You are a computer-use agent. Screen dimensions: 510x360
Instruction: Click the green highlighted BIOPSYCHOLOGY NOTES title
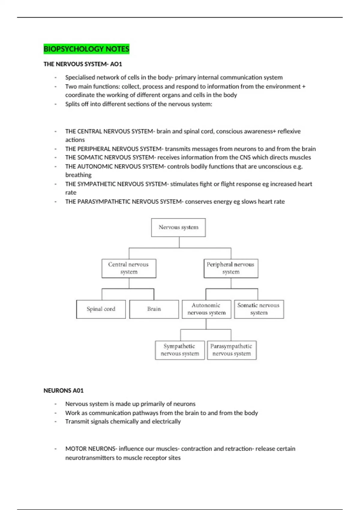click(86, 49)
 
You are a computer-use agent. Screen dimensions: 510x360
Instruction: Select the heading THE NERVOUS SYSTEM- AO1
click(83, 64)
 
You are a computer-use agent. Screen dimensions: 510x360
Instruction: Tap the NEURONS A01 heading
click(64, 391)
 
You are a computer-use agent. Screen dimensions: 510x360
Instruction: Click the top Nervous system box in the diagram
click(178, 227)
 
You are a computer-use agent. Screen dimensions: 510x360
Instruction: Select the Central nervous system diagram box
click(129, 268)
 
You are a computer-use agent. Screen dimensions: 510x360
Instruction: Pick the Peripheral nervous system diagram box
click(231, 268)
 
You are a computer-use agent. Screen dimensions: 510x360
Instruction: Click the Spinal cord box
click(101, 309)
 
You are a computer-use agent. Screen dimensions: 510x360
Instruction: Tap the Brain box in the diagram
click(154, 309)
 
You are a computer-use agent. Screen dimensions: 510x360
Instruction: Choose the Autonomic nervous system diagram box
click(206, 309)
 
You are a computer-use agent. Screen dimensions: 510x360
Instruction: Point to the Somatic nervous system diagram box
click(259, 309)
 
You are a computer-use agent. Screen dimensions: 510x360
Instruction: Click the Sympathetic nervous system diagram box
click(180, 350)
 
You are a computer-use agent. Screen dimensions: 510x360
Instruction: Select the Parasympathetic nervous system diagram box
click(232, 350)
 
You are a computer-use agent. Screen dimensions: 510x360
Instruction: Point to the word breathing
click(78, 175)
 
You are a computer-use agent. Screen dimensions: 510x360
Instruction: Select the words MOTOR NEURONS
click(90, 449)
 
